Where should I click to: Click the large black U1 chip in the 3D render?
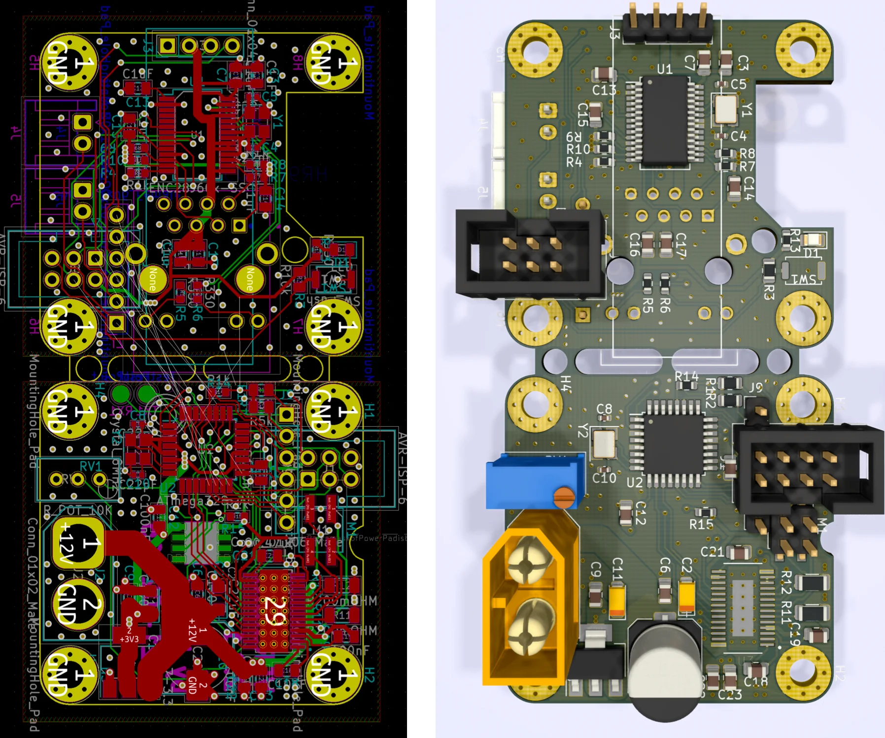(665, 120)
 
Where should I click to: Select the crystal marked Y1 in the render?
(726, 109)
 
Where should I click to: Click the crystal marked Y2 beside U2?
(604, 443)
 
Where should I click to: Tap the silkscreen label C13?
(604, 90)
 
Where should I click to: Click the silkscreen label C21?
(712, 552)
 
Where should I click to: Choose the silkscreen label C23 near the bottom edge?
(729, 695)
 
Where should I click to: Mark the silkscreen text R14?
(686, 377)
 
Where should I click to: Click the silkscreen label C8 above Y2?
(604, 409)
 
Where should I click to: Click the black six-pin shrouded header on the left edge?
(530, 254)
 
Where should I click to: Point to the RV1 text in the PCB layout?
(90, 466)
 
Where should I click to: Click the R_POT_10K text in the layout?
(77, 510)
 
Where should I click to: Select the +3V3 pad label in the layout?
(129, 639)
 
